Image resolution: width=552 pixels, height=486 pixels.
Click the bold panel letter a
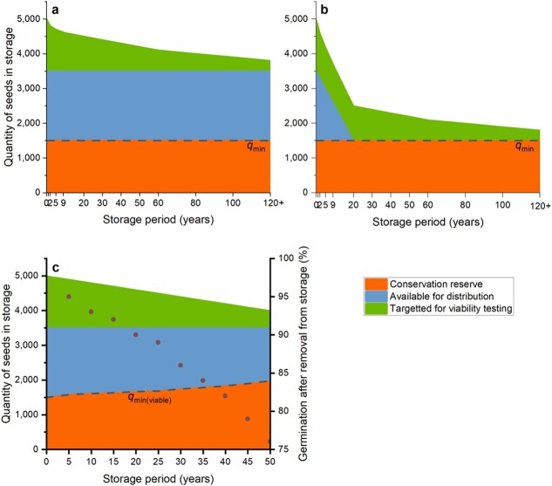[x=55, y=10]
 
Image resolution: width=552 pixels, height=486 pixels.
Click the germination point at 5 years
[x=69, y=297]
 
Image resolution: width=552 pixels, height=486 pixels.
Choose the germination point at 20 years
[x=136, y=335]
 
